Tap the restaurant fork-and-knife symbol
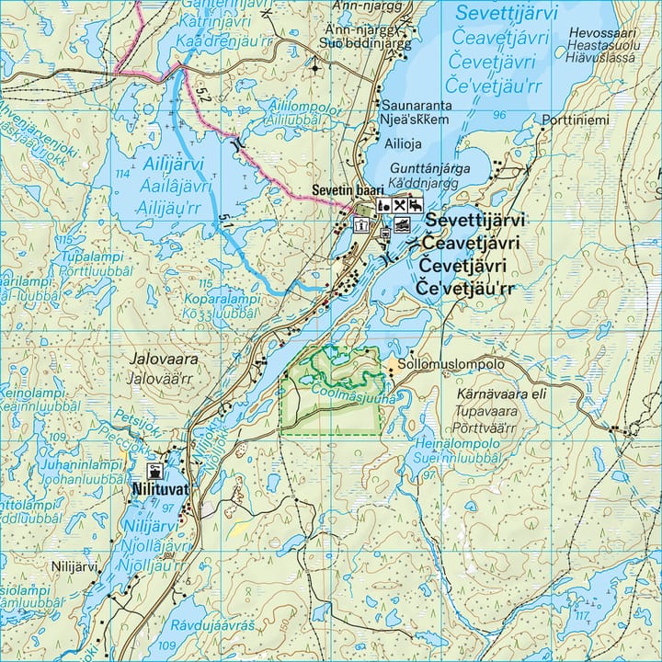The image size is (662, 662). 401,204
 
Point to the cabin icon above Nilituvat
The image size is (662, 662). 153,471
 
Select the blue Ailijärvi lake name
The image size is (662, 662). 176,165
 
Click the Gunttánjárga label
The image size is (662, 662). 429,168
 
